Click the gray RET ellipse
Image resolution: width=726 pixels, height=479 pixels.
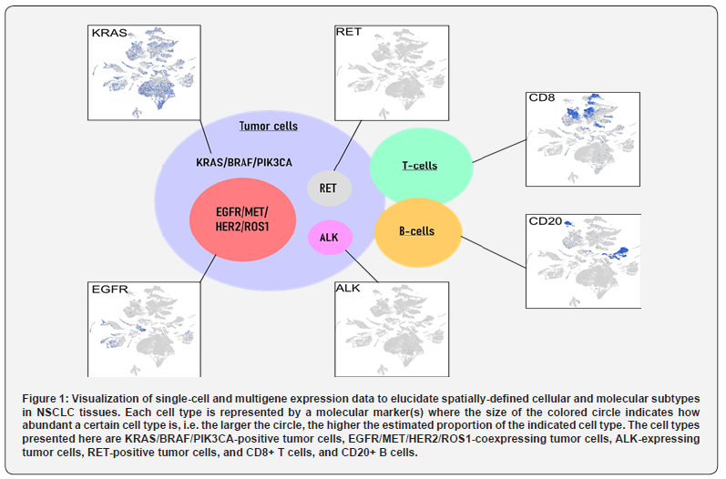click(x=329, y=189)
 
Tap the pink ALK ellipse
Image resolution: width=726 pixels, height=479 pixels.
click(x=330, y=237)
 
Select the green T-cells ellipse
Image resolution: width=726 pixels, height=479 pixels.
click(x=422, y=166)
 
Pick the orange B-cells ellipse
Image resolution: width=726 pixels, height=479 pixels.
click(x=417, y=233)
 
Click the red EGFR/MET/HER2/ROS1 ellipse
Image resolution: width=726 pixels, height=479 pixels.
click(x=242, y=219)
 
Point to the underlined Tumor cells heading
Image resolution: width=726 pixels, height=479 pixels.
click(x=269, y=126)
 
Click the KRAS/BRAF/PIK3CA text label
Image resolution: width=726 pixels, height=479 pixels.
click(x=244, y=162)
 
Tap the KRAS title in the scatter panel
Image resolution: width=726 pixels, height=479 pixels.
click(x=109, y=33)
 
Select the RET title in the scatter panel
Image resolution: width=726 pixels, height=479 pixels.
click(x=348, y=32)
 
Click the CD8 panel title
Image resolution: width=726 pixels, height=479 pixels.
click(x=542, y=97)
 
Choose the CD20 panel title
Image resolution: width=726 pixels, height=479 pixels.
click(x=546, y=221)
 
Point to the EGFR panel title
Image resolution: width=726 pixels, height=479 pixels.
click(x=109, y=290)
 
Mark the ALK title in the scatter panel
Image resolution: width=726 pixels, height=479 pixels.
click(x=348, y=289)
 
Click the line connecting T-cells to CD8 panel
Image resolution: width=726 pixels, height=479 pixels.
click(x=499, y=151)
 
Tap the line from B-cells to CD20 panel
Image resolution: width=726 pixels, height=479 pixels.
click(x=494, y=252)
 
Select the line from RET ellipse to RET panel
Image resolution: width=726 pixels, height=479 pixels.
click(x=347, y=146)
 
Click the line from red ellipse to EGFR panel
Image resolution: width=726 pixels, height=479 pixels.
click(x=209, y=268)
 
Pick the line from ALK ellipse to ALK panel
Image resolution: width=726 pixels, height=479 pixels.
click(x=362, y=266)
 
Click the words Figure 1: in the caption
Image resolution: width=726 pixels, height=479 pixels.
click(x=46, y=399)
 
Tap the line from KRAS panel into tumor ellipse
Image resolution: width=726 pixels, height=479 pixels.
click(x=206, y=137)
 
